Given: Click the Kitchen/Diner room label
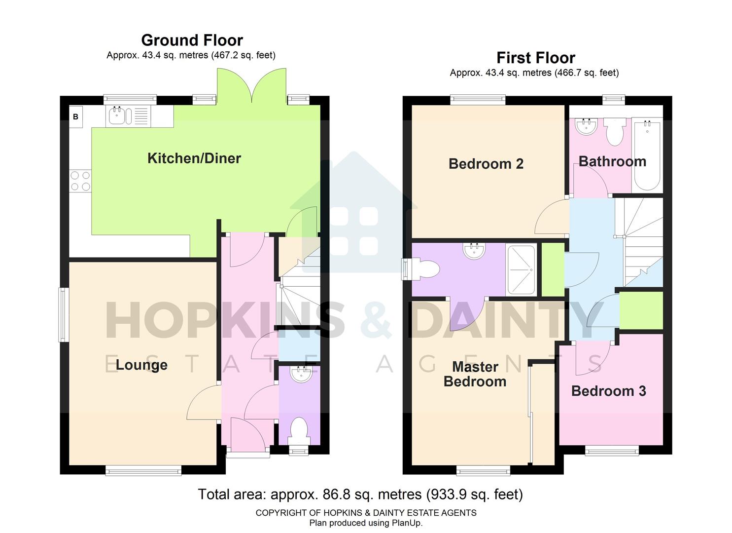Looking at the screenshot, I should tap(194, 158).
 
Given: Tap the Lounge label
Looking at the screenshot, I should tap(141, 365).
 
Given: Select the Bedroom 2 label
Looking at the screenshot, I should tap(486, 164).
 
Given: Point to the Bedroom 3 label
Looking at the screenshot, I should tap(608, 391).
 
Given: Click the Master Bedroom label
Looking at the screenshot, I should tap(475, 374).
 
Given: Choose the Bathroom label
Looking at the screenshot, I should tap(612, 161).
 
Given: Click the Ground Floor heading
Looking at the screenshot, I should tap(192, 40).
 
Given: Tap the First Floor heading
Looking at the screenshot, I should tap(535, 58).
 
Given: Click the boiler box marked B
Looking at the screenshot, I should tap(76, 117).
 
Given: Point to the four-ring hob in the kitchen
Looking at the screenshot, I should tap(80, 181).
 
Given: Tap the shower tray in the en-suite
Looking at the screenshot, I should tap(521, 269).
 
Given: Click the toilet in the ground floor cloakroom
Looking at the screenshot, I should tap(299, 430).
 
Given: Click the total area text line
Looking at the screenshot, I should tap(360, 494).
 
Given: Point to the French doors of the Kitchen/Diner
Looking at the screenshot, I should tap(252, 87).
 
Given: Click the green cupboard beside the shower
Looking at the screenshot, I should tap(553, 269).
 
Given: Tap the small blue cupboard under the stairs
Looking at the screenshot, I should tap(299, 348).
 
